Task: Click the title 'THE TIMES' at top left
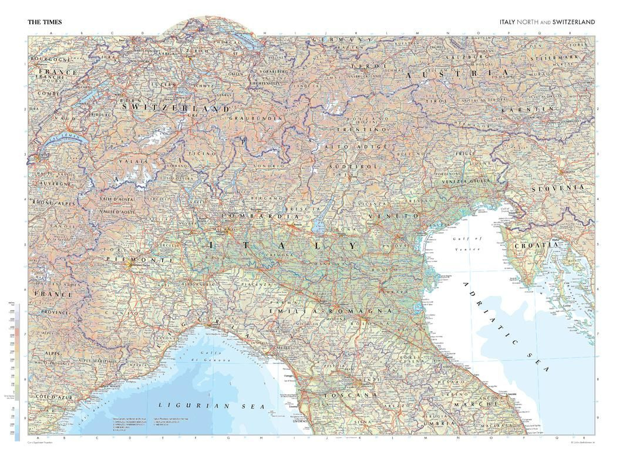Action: click(45, 22)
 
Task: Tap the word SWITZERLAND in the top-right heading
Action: click(574, 22)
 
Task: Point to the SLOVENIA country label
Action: click(558, 188)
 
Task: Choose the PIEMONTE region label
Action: click(140, 259)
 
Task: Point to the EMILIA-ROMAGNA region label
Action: click(330, 310)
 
